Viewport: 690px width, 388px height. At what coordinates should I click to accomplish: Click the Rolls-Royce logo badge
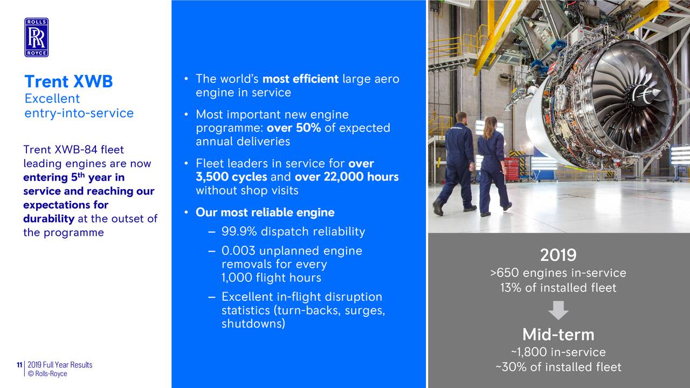click(x=36, y=37)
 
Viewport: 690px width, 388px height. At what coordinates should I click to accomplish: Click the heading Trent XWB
click(x=68, y=81)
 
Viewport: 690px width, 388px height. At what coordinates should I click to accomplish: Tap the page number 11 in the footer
click(x=19, y=365)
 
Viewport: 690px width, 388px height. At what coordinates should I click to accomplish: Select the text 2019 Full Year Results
click(x=60, y=365)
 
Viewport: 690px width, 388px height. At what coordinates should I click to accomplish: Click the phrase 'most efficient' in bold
click(x=300, y=79)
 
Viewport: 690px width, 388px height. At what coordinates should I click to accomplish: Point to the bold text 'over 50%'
click(x=294, y=128)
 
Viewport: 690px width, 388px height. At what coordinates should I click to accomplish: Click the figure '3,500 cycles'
click(x=231, y=177)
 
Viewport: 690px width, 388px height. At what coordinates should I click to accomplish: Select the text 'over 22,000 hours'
click(x=347, y=177)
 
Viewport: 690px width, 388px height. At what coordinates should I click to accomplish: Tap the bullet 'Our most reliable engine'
click(x=265, y=212)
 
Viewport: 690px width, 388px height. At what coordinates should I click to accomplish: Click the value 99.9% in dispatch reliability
click(x=239, y=232)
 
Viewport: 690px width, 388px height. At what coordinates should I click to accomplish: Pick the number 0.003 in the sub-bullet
click(x=238, y=251)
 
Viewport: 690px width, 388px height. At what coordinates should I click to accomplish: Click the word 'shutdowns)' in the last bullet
click(x=253, y=324)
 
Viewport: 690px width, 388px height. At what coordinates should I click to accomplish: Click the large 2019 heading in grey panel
click(x=558, y=255)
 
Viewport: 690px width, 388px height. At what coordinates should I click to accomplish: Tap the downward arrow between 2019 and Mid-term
click(x=558, y=310)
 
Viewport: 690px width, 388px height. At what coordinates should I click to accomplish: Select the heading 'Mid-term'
click(x=558, y=335)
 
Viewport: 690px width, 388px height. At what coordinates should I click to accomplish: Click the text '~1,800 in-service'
click(x=558, y=352)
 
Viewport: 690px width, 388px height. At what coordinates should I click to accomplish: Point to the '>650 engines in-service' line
click(x=558, y=273)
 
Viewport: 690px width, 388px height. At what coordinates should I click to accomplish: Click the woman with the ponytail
click(x=493, y=167)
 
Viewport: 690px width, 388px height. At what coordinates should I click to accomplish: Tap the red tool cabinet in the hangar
click(x=512, y=169)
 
